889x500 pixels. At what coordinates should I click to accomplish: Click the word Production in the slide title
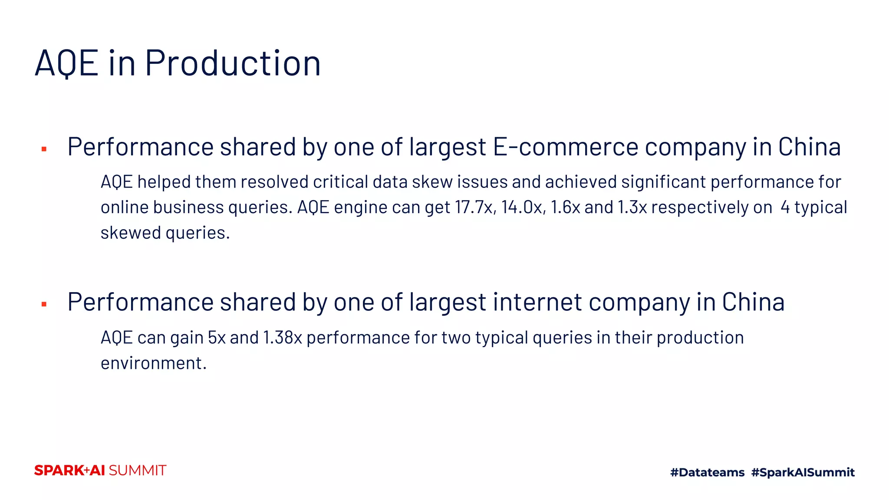pos(233,63)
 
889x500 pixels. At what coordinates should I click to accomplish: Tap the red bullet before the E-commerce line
pos(44,149)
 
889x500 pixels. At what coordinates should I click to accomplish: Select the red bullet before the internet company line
pos(44,304)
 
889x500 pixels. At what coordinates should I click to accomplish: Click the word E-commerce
pos(566,147)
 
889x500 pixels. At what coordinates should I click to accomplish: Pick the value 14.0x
pos(523,207)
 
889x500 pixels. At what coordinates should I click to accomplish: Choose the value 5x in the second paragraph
pos(217,338)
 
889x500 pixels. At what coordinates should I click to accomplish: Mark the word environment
pos(153,363)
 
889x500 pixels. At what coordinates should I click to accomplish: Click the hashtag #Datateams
pos(707,472)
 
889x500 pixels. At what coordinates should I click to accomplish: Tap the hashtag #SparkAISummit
pos(803,472)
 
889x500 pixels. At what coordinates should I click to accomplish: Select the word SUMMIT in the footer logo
pos(138,470)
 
